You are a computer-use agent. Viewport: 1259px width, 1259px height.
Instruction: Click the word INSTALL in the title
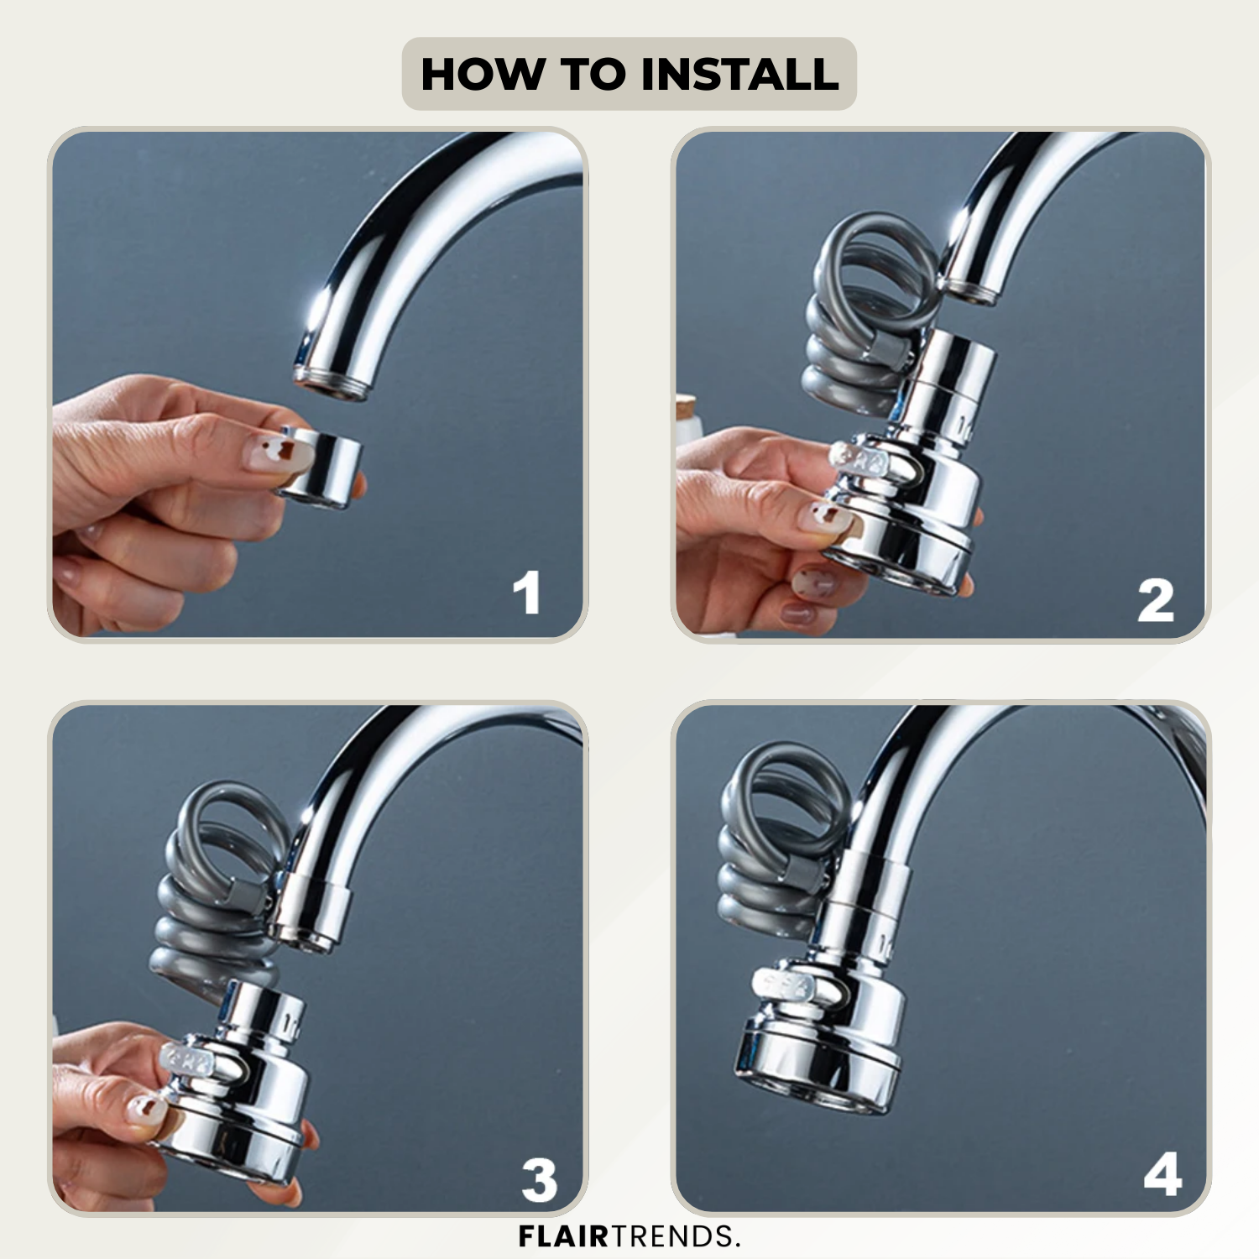pyautogui.click(x=739, y=74)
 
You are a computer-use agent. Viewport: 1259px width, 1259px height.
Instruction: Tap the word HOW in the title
pyautogui.click(x=483, y=74)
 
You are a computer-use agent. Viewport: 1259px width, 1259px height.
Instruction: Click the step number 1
pyautogui.click(x=527, y=593)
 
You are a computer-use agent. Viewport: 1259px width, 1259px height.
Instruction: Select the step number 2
pyautogui.click(x=1156, y=600)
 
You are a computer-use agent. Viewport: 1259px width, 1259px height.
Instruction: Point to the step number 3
pyautogui.click(x=539, y=1180)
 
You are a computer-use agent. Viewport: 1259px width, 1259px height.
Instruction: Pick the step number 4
pyautogui.click(x=1162, y=1174)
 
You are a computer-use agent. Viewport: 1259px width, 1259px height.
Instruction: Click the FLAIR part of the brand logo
pyautogui.click(x=563, y=1236)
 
